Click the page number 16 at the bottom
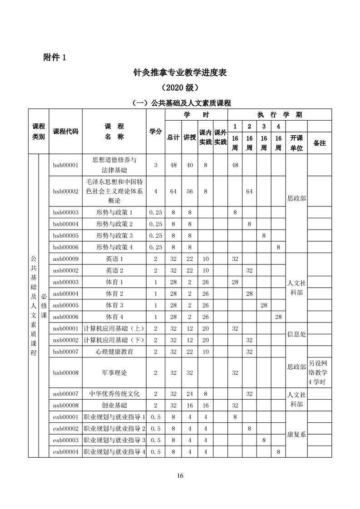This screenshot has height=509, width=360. pyautogui.click(x=180, y=476)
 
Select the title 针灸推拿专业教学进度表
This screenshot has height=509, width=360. pyautogui.click(x=180, y=72)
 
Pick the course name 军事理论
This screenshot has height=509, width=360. pyautogui.click(x=114, y=372)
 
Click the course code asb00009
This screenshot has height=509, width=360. pyautogui.click(x=66, y=259)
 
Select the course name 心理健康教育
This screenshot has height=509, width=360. pyautogui.click(x=114, y=352)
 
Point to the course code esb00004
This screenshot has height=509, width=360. pyautogui.click(x=66, y=451)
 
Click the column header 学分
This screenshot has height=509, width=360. pyautogui.click(x=156, y=132)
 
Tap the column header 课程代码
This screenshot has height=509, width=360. pyautogui.click(x=66, y=132)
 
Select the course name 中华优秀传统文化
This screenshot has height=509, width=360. pyautogui.click(x=114, y=394)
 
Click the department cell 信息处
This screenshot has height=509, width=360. pyautogui.click(x=296, y=334)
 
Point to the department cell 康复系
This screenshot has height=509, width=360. pyautogui.click(x=296, y=434)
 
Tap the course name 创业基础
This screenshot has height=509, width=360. pyautogui.click(x=114, y=405)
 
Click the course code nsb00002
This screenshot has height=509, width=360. pyautogui.click(x=66, y=340)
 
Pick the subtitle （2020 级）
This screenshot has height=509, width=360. pyautogui.click(x=180, y=87)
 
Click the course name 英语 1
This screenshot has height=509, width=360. pyautogui.click(x=114, y=259)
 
